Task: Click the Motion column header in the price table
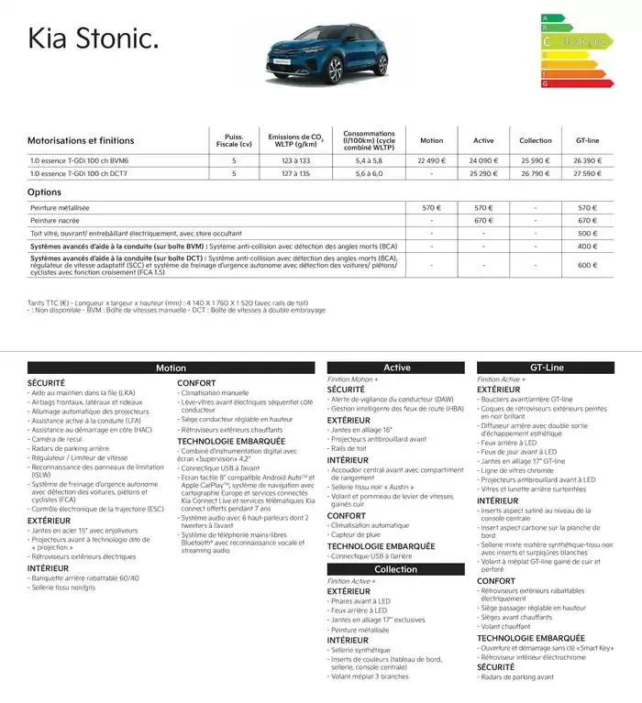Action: [x=431, y=140]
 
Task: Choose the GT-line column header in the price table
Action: [x=587, y=140]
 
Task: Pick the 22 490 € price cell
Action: [x=431, y=159]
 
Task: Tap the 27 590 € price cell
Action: [x=587, y=172]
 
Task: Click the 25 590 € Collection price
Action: [x=536, y=159]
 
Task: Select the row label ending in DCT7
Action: [x=82, y=172]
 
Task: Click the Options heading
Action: [x=45, y=192]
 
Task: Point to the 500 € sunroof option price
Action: [x=587, y=233]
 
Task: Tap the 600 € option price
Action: [x=587, y=265]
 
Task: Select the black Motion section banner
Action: [x=171, y=368]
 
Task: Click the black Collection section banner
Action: [x=396, y=569]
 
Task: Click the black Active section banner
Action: [x=396, y=368]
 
